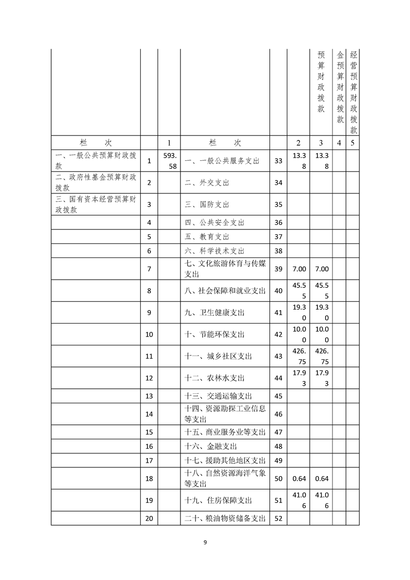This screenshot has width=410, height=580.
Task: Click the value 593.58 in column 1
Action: pyautogui.click(x=169, y=161)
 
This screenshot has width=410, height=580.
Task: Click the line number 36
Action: pyautogui.click(x=278, y=222)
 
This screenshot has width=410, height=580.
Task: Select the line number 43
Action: pyautogui.click(x=278, y=356)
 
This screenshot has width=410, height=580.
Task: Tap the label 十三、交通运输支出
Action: pyautogui.click(x=218, y=396)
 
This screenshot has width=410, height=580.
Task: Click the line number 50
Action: pyautogui.click(x=278, y=479)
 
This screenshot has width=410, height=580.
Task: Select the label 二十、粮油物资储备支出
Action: pyautogui.click(x=225, y=518)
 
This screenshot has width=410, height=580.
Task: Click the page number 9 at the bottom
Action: pyautogui.click(x=205, y=542)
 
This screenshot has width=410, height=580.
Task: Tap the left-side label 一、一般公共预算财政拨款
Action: pyautogui.click(x=96, y=161)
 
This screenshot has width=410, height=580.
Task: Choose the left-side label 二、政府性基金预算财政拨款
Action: pyautogui.click(x=96, y=182)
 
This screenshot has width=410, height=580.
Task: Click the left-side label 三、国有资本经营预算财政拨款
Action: pyautogui.click(x=96, y=204)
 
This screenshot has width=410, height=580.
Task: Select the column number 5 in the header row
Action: pyautogui.click(x=352, y=143)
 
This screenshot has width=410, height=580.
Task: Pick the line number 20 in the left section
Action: pyautogui.click(x=149, y=518)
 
